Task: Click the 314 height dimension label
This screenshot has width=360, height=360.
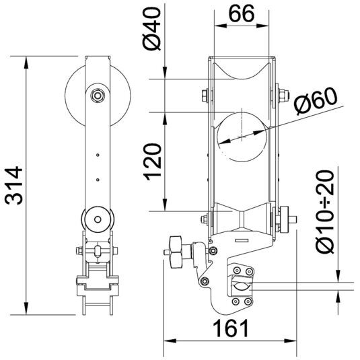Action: [13, 186]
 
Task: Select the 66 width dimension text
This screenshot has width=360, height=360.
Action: [242, 13]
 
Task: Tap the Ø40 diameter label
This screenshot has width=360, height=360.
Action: [151, 28]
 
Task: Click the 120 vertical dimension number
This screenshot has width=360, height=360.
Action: [152, 161]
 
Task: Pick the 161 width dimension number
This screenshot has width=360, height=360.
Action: [231, 328]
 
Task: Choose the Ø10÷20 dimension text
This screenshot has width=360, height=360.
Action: [326, 211]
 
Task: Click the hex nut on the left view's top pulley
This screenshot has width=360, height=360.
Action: [98, 95]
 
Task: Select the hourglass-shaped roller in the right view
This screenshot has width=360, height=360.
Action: [242, 216]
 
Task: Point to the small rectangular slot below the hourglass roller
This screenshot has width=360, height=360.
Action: [242, 240]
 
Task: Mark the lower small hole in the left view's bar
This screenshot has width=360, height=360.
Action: [98, 180]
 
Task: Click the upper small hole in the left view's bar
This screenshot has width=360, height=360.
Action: [98, 155]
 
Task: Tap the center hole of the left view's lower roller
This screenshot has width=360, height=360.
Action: [98, 219]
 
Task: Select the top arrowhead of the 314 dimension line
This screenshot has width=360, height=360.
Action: [26, 62]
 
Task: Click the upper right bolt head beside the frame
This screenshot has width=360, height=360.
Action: [284, 96]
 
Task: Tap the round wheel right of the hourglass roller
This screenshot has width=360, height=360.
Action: [284, 219]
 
